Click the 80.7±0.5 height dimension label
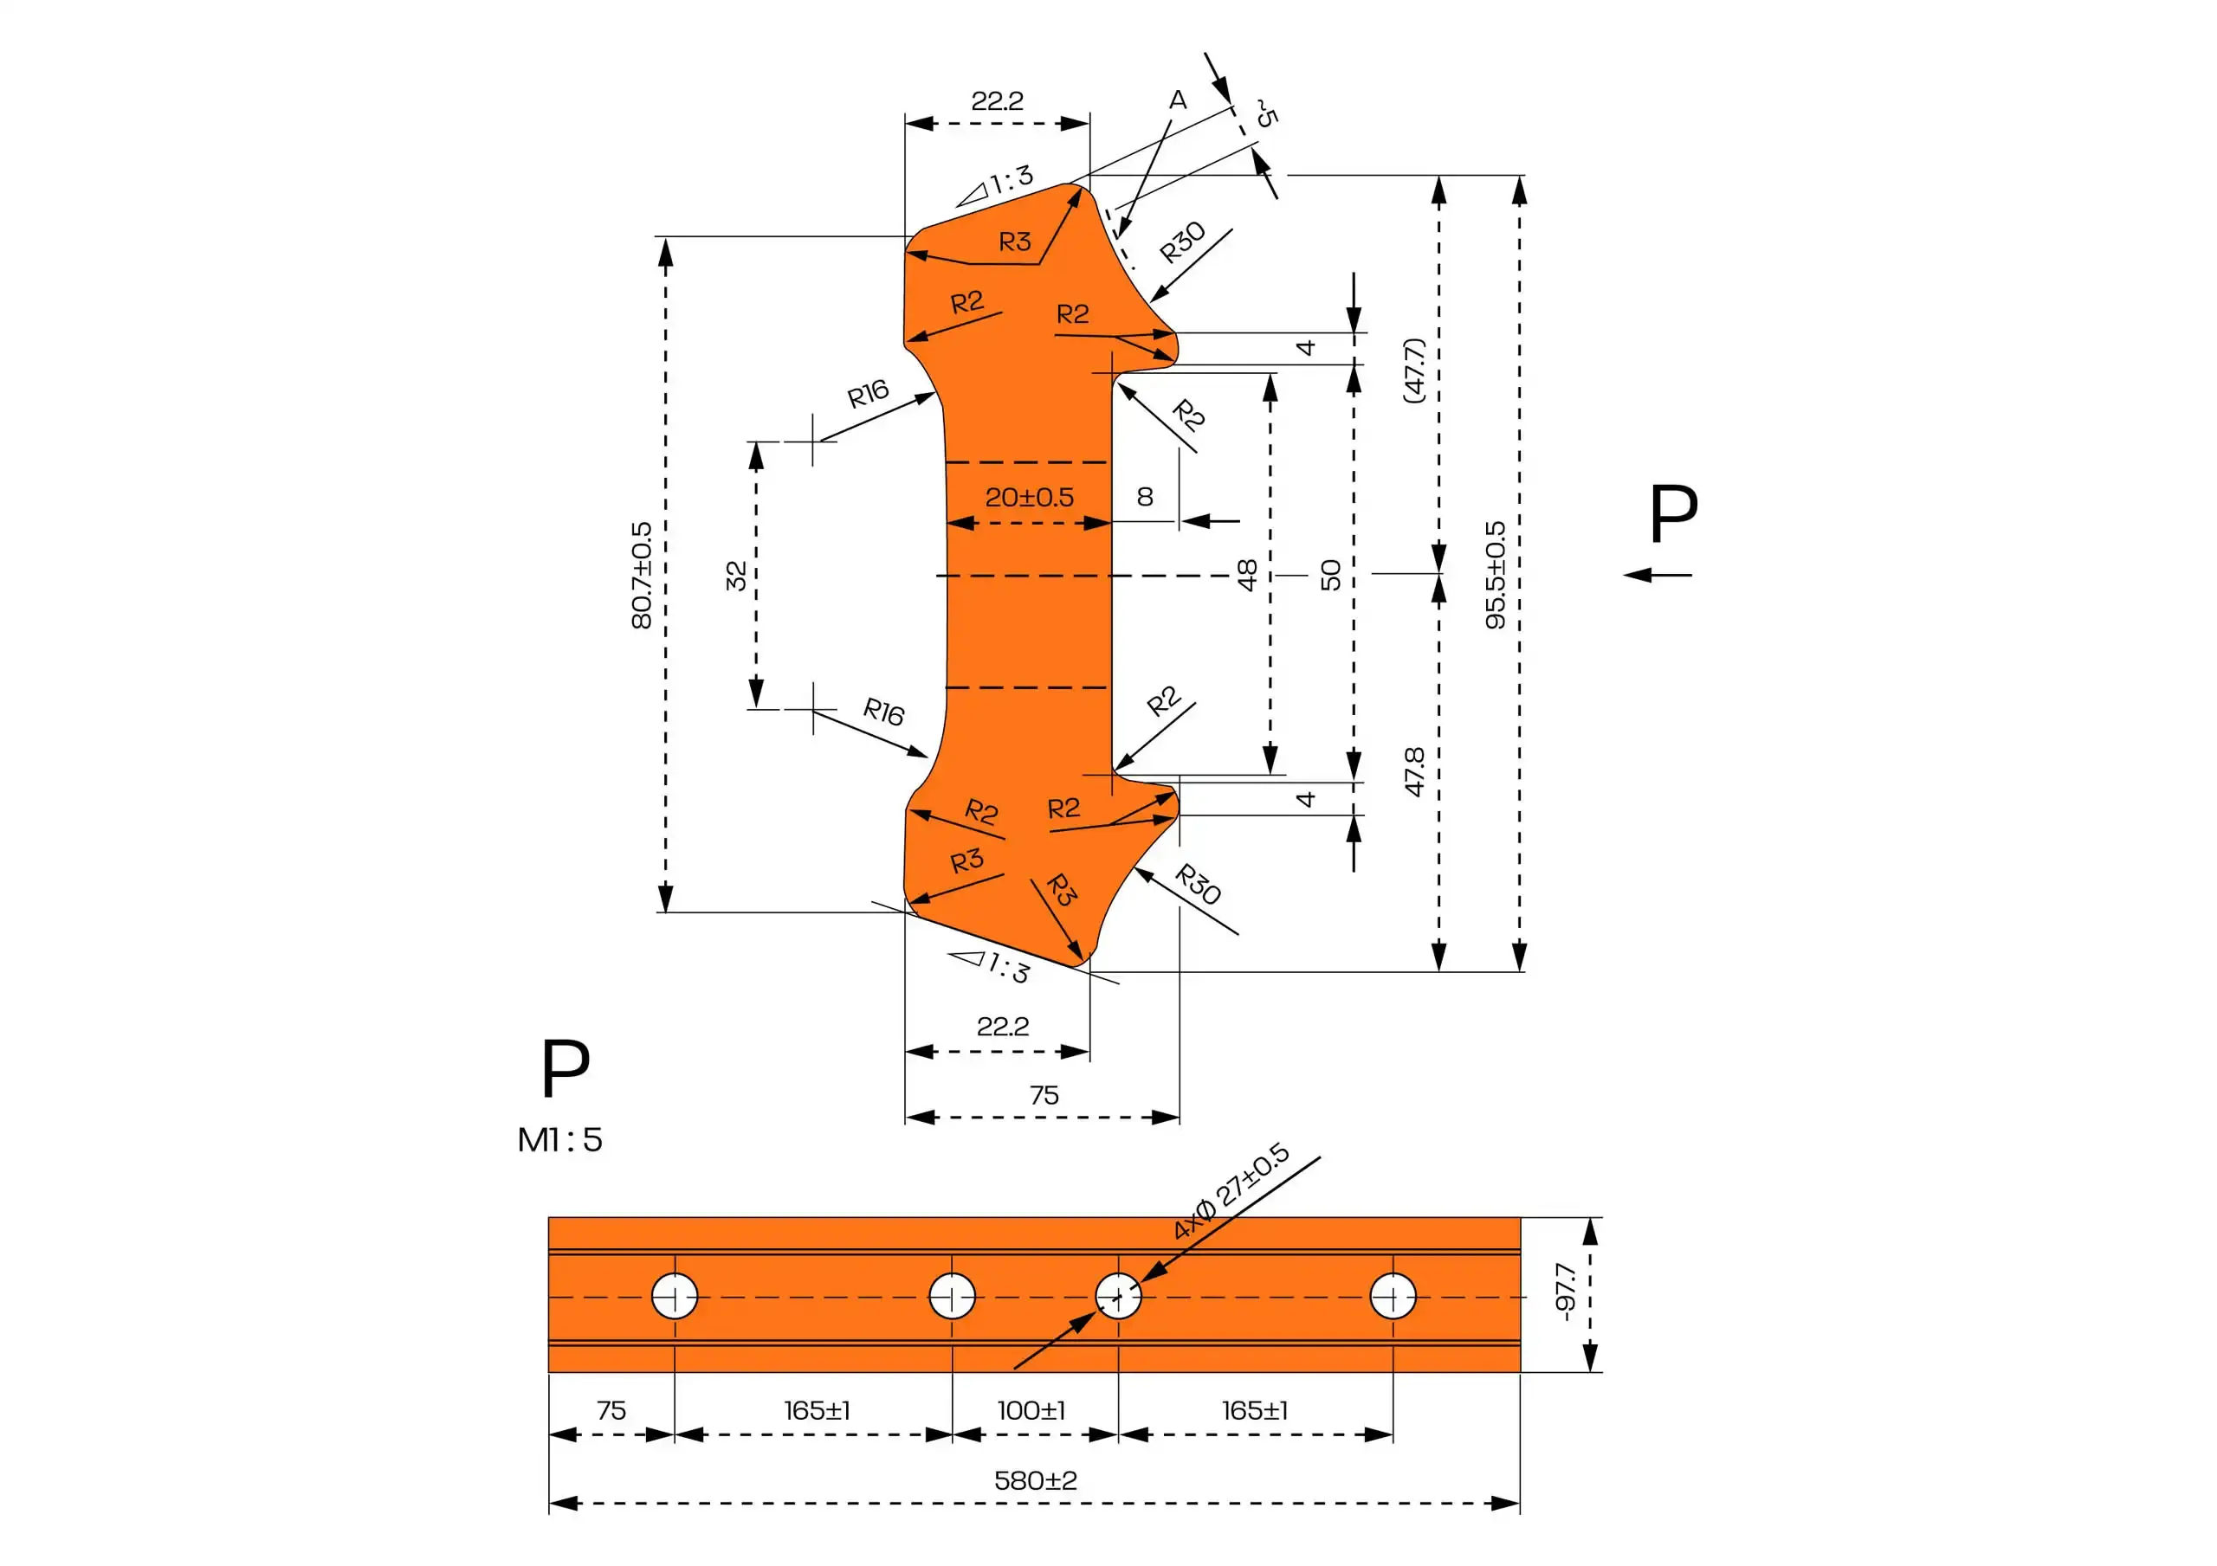[641, 576]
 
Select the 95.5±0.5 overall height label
[1495, 576]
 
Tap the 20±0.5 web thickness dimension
[1030, 497]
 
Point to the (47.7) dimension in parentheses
[1413, 370]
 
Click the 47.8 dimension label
[1413, 771]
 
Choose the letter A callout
[1177, 100]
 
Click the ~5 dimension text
[1266, 113]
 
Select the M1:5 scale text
[560, 1140]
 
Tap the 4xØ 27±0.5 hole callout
[1231, 1190]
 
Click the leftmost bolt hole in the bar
[675, 1296]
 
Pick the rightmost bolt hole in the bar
[1393, 1296]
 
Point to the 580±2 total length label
[1035, 1480]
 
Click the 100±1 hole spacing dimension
[1031, 1410]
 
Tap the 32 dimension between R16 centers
[736, 576]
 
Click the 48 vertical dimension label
[1246, 576]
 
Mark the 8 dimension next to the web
[1145, 496]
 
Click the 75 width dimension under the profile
[1044, 1095]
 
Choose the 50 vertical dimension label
[1330, 576]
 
